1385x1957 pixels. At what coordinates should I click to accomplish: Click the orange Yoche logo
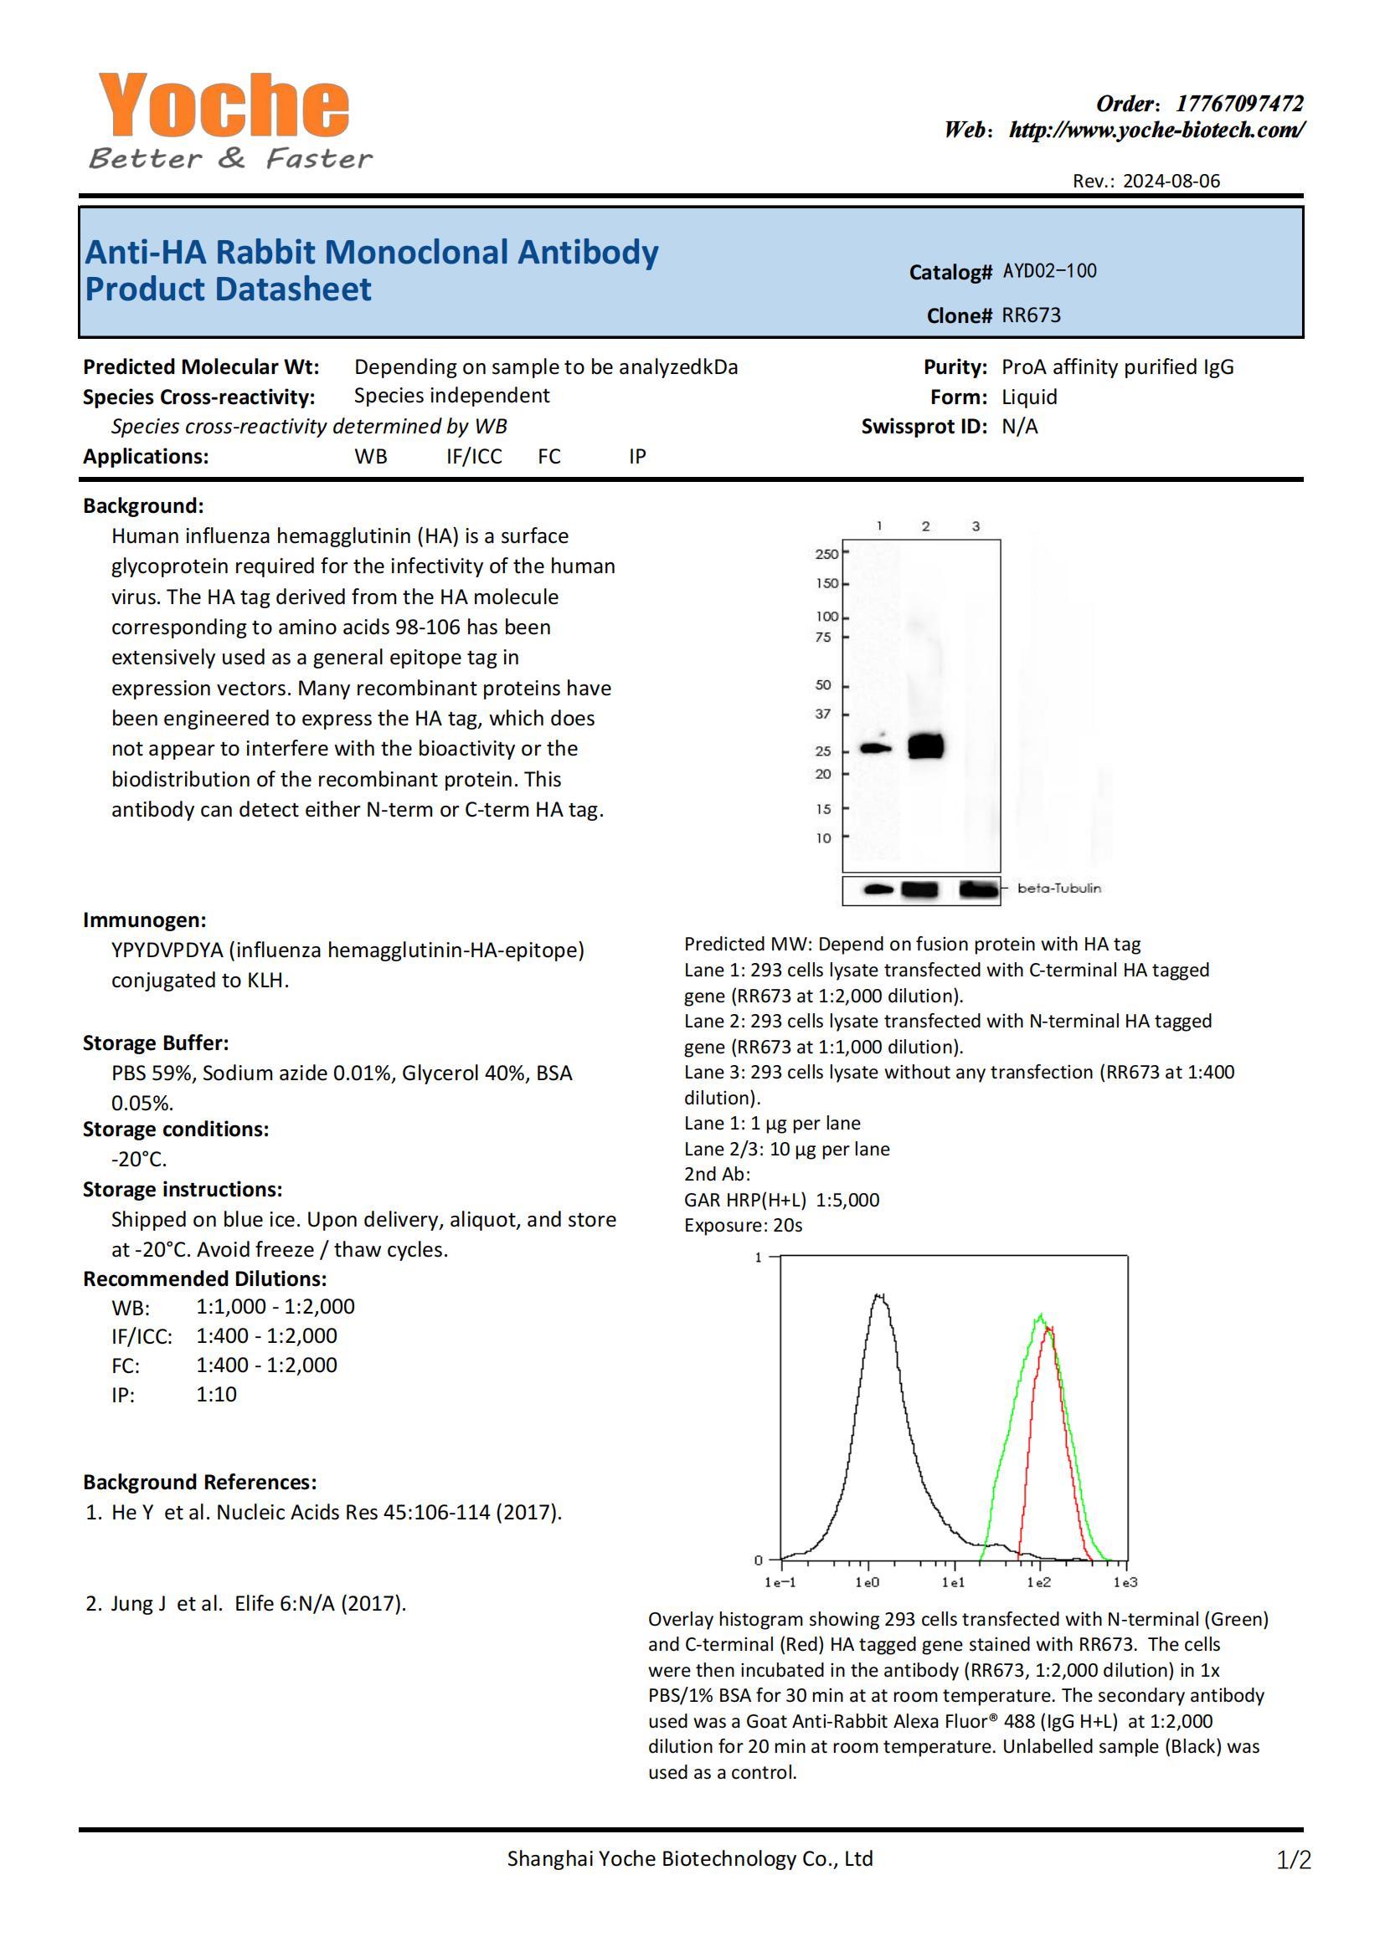coord(224,105)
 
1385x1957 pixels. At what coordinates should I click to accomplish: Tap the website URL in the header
coord(1156,131)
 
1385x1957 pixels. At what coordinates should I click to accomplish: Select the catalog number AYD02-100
coord(1049,271)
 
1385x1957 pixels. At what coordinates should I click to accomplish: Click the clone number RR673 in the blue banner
coord(1031,315)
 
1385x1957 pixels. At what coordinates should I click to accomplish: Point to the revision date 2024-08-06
coord(1171,181)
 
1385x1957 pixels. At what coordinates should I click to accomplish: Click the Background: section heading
coord(143,505)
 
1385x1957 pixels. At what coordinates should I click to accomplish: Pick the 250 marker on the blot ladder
coord(826,554)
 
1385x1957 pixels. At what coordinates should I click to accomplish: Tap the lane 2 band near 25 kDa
coord(925,745)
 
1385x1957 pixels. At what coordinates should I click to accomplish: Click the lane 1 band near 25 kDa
coord(875,748)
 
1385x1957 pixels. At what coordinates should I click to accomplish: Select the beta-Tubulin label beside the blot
coord(1058,889)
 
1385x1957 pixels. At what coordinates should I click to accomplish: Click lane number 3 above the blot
coord(976,527)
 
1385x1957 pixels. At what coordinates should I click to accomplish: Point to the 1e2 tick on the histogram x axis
coord(1037,1583)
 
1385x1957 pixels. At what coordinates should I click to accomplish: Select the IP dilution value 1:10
coord(217,1394)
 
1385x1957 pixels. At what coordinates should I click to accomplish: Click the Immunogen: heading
coord(144,920)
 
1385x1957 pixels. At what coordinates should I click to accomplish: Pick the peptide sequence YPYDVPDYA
coord(167,950)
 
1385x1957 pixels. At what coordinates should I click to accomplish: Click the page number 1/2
coord(1293,1860)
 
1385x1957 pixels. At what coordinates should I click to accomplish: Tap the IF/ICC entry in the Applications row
coord(473,456)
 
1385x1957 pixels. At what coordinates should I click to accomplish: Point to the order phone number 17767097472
coord(1239,104)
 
